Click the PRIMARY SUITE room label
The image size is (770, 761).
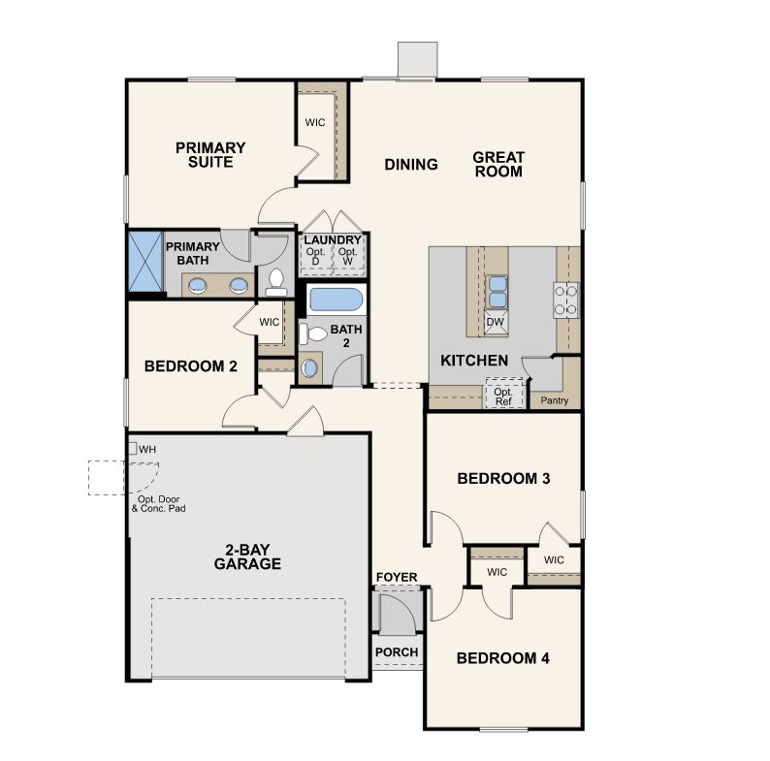coord(210,155)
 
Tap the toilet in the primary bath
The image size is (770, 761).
coord(276,283)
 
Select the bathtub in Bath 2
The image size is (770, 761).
coord(337,300)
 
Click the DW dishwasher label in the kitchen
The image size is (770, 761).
coord(495,322)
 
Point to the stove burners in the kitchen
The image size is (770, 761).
coord(565,300)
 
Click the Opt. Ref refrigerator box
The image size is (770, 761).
coord(504,393)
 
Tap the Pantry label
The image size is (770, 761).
coord(555,400)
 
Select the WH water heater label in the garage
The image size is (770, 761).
coord(147,449)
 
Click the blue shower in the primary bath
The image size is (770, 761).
coord(145,261)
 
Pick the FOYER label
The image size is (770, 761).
coord(397,577)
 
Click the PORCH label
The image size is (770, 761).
coord(397,652)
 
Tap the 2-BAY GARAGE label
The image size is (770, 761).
coord(247,556)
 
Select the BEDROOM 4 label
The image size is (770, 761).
coord(503,658)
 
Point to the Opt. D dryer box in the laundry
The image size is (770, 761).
coord(316,256)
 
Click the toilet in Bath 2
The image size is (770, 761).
coord(313,333)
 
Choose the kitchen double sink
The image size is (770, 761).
coord(497,292)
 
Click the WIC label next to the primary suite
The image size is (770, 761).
coord(315,122)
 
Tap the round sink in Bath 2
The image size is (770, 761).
coord(310,367)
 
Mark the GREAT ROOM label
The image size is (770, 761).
coord(498,164)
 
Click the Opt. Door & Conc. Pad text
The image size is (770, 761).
coord(159,504)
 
